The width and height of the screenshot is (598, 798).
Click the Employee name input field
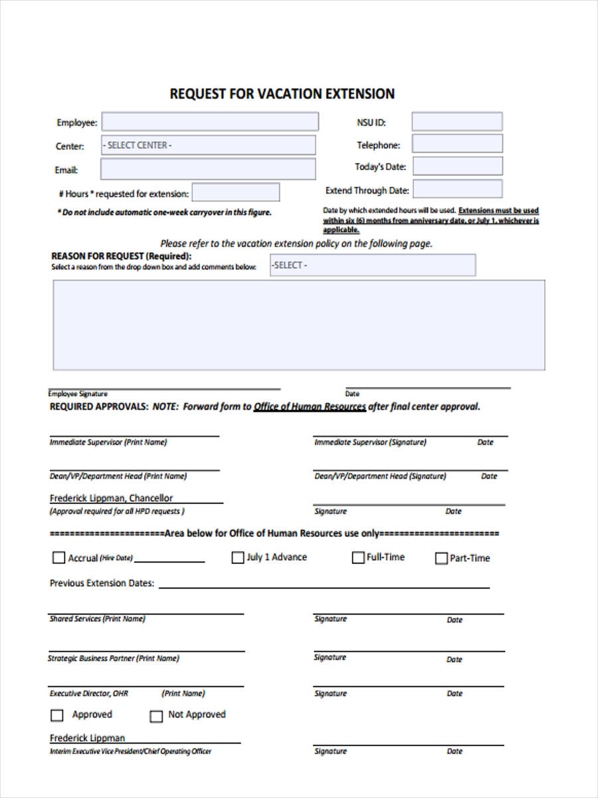coord(209,122)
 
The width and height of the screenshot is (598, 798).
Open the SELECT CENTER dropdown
coord(208,145)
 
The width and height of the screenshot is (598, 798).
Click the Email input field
coord(208,169)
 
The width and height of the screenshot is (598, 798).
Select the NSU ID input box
coord(456,122)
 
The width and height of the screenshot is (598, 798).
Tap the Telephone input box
coord(456,144)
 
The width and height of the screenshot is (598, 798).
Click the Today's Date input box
coord(456,166)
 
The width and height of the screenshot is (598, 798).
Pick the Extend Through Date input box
coord(457,190)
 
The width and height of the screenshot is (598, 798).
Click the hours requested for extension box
coord(235,193)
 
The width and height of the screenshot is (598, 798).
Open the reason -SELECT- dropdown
coord(372,265)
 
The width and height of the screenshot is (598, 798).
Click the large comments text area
coord(299,325)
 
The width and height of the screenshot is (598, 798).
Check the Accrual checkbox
coord(58,558)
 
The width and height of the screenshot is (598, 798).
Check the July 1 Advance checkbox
coord(237,558)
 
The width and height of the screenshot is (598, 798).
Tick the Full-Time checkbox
coord(358,557)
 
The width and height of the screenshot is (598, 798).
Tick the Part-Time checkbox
coord(441,559)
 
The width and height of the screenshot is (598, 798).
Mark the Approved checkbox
coord(57,716)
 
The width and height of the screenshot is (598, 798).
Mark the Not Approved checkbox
coord(156,716)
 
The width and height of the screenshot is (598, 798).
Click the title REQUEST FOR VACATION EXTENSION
coord(282,94)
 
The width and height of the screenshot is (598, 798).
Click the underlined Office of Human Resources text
coord(310,407)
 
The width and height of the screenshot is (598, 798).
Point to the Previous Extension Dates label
coord(102,583)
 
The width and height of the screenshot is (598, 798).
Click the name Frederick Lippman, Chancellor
coord(111,498)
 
